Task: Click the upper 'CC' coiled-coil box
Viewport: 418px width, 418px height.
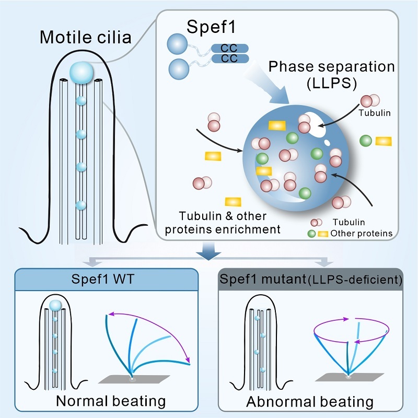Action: (x=229, y=49)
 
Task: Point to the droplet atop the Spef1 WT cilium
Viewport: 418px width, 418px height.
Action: (x=55, y=306)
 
